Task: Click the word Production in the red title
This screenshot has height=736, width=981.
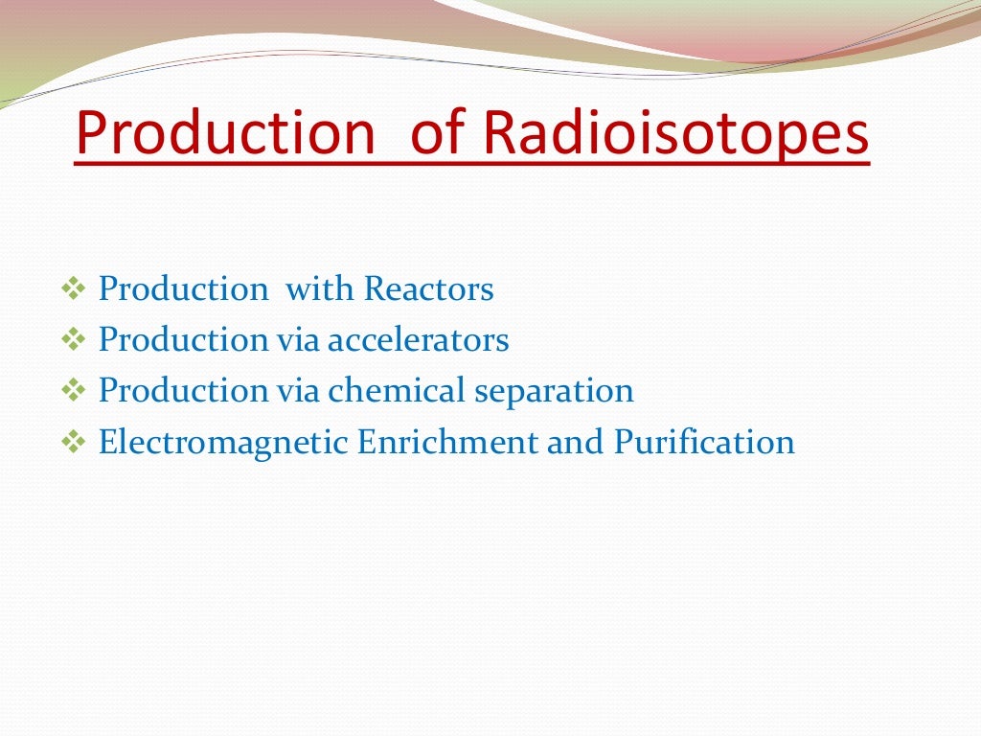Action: point(225,134)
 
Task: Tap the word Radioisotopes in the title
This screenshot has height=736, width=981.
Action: point(675,134)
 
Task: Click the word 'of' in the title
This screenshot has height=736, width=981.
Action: point(439,134)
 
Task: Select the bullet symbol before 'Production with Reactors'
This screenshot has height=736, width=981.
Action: point(73,288)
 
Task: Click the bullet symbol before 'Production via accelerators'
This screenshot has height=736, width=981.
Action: point(73,340)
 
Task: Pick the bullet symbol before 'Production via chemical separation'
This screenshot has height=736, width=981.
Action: point(73,391)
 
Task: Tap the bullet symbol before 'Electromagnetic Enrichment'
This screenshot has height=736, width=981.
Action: point(73,443)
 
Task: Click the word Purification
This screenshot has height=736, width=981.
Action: point(704,442)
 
